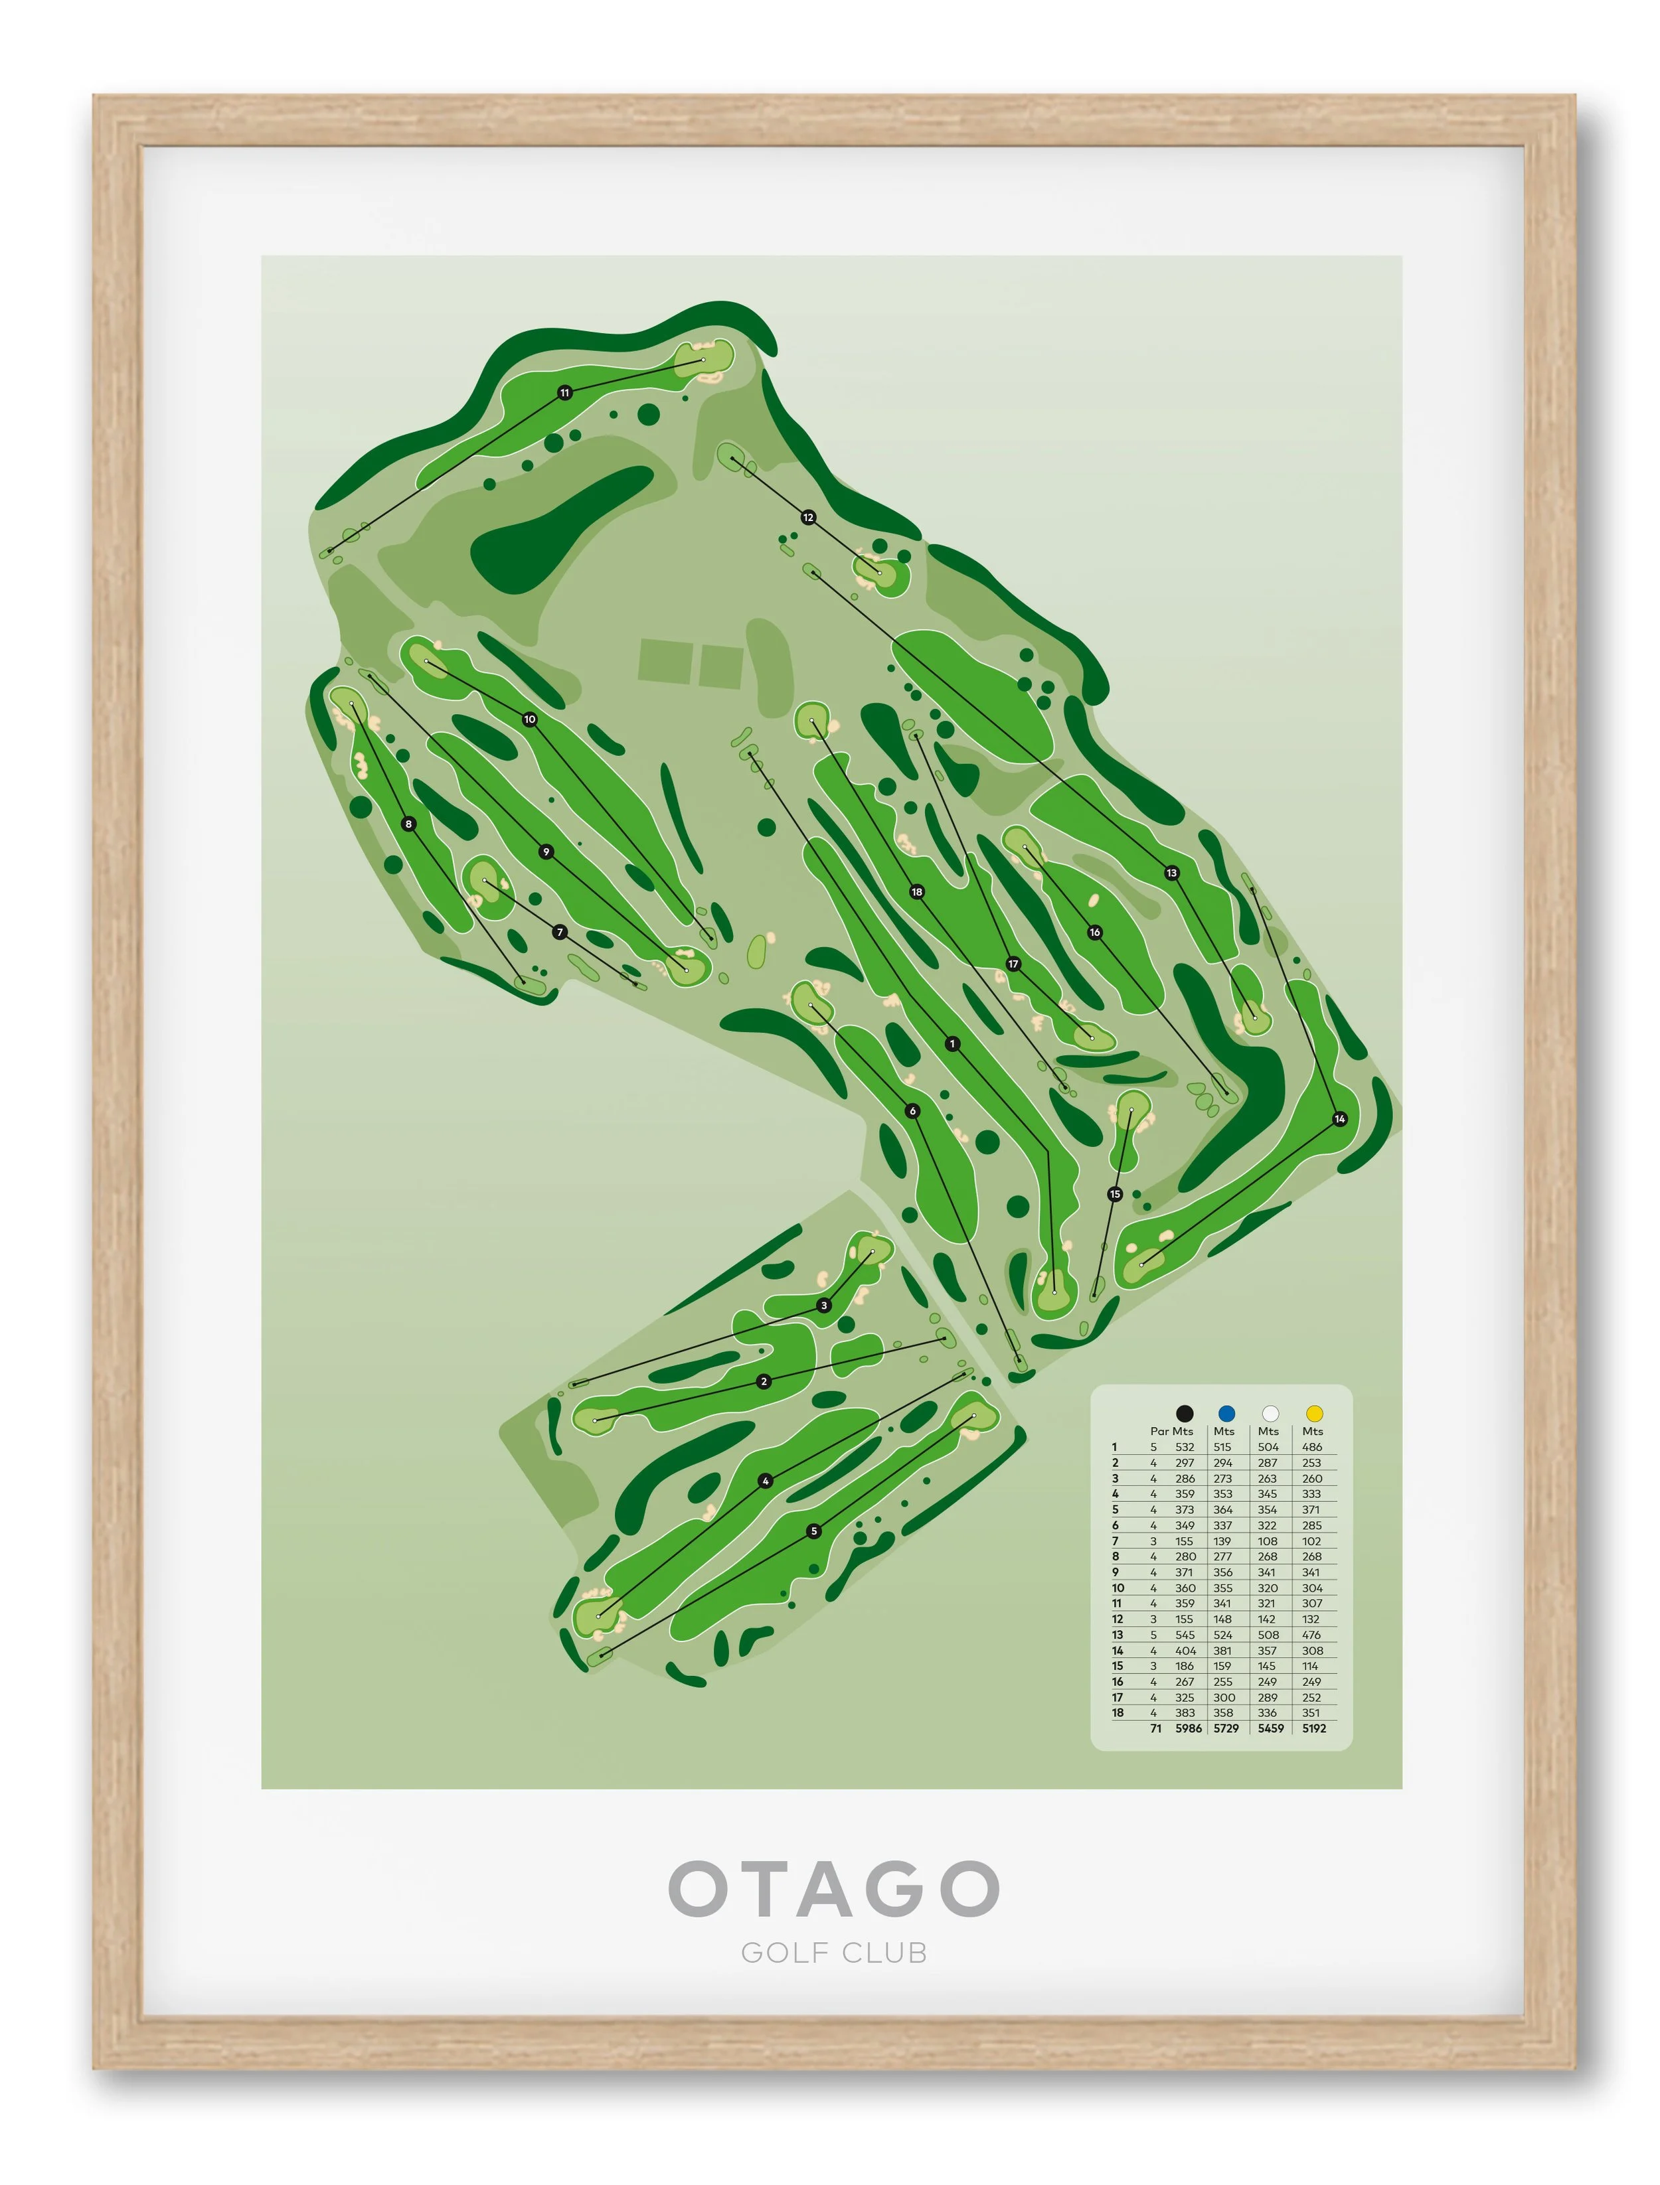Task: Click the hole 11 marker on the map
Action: coord(564,392)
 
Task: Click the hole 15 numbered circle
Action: coord(1115,1194)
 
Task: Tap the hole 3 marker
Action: coord(824,1306)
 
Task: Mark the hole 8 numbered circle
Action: coord(408,824)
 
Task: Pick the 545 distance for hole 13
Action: coord(1185,1635)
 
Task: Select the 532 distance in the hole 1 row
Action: coord(1185,1447)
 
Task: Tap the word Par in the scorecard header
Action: coord(1159,1431)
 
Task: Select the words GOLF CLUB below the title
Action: coord(833,1953)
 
